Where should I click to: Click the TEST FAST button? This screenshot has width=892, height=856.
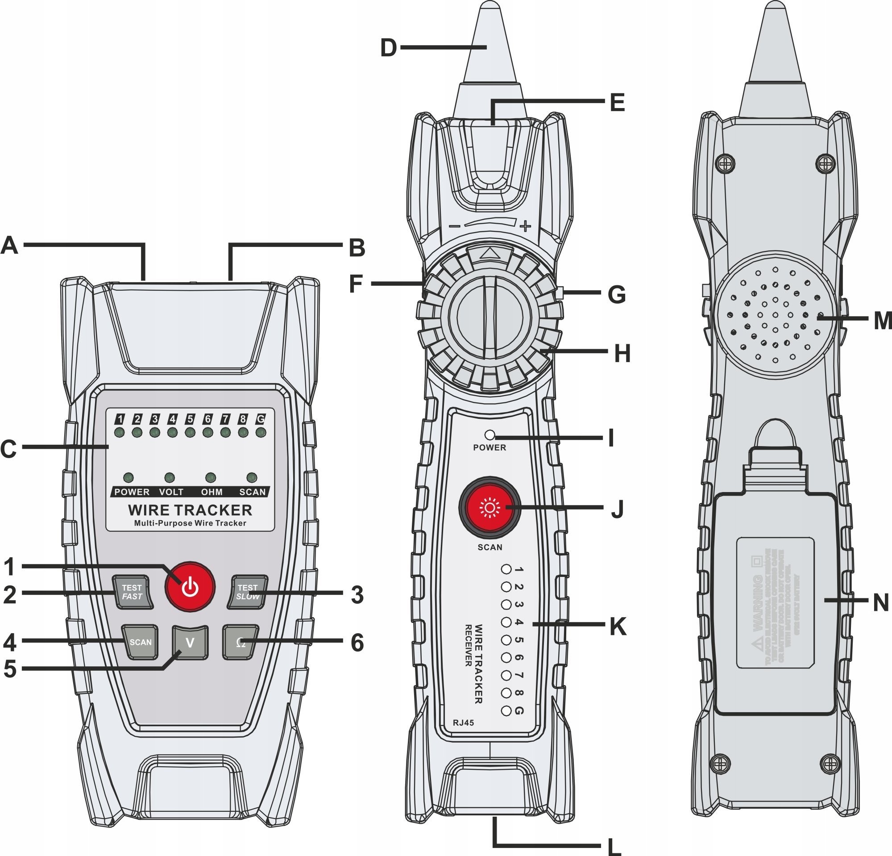point(133,592)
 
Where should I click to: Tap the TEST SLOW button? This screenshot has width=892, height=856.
point(248,592)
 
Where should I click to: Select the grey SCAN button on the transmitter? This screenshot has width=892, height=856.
point(140,643)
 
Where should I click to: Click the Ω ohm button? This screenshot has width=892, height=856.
point(241,643)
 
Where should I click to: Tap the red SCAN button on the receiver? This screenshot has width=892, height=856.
point(490,508)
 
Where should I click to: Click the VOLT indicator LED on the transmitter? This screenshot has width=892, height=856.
point(170,478)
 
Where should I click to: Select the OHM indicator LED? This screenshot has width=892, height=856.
point(210,478)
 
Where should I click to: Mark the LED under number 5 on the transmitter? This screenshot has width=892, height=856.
point(190,432)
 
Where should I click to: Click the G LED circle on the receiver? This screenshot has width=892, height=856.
point(506,710)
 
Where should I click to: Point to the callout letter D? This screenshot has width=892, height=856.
point(388,48)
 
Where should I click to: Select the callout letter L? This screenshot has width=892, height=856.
point(614,846)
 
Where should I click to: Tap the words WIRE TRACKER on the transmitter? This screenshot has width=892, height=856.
point(190,510)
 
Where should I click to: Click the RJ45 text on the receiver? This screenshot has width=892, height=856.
point(463,722)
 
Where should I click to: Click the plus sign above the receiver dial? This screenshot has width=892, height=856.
point(526,226)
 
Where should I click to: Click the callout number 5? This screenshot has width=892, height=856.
point(10,669)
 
